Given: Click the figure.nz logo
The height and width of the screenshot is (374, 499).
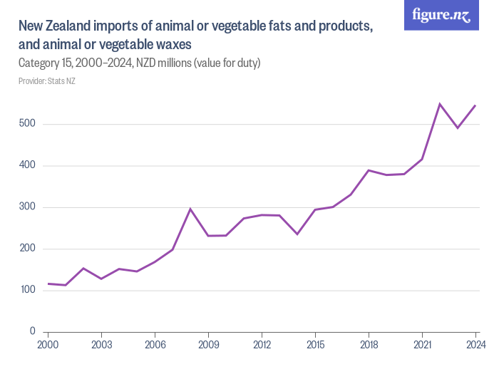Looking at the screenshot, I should (441, 16).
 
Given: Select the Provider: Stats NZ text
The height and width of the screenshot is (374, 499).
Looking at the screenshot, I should (46, 80).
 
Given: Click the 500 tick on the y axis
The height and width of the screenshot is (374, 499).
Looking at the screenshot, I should (27, 125).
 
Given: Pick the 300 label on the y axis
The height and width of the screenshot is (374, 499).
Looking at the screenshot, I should (27, 207).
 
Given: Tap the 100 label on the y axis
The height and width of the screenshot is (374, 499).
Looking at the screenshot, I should (27, 290).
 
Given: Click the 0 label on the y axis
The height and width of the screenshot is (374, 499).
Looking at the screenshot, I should (33, 331).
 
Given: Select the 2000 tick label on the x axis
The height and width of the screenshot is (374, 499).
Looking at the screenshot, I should (48, 345).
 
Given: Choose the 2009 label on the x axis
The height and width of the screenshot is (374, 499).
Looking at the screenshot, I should (208, 345).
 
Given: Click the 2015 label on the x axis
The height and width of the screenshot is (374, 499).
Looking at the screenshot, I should (315, 345).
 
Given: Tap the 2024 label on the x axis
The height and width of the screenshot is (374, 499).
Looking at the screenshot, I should (475, 345).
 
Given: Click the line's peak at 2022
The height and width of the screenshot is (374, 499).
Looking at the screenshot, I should (440, 104).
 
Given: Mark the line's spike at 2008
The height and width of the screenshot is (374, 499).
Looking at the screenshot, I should (190, 209).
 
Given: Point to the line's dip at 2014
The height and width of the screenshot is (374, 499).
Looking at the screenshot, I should (297, 234).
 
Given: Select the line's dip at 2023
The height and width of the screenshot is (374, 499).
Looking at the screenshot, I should (458, 128).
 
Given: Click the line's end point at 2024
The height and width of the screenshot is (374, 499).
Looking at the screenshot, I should (475, 105).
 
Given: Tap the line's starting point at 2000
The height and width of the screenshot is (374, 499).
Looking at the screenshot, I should (48, 284).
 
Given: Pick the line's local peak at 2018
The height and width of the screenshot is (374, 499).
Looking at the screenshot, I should (369, 170).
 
